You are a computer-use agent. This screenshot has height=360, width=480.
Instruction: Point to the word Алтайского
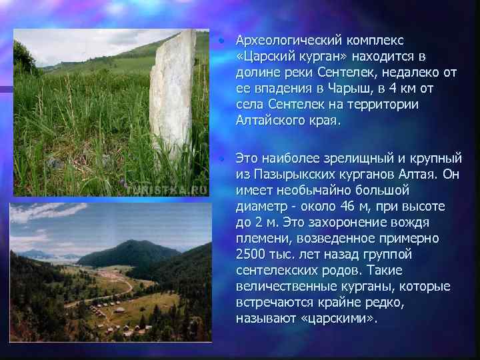(x=267, y=121)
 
